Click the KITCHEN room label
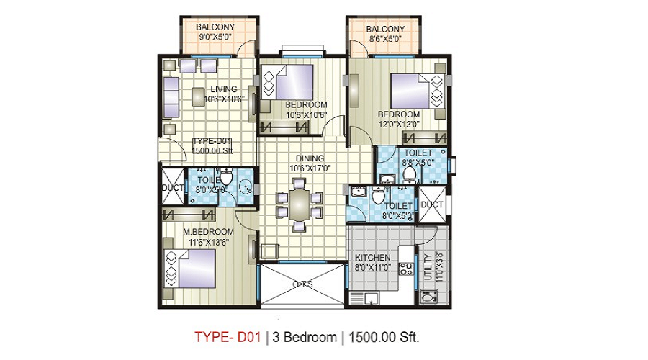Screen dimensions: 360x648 pos(373,258)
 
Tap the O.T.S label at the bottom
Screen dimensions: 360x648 pos(302,284)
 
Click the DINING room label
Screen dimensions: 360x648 pos(309,158)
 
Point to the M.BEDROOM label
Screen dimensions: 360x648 pos(208,231)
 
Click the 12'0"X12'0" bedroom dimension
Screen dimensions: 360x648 pos(399,124)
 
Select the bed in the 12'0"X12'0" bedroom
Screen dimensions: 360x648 pos(415,91)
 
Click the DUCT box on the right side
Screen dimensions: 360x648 pos(433,204)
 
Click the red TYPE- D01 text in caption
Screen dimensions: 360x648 pos(228,336)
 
